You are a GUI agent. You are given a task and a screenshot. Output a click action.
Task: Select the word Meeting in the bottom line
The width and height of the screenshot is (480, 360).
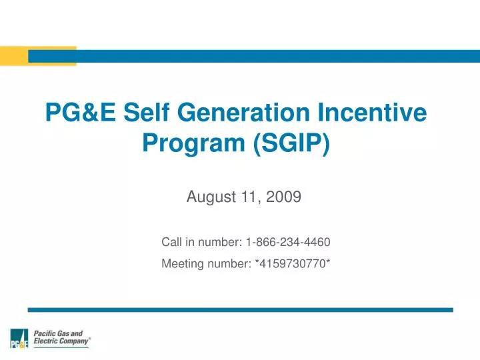pyautogui.click(x=183, y=264)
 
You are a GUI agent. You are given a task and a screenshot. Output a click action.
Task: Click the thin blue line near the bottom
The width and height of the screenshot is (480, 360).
pyautogui.click(x=240, y=310)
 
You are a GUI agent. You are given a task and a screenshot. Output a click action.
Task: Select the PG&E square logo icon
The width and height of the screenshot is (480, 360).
pyautogui.click(x=19, y=339)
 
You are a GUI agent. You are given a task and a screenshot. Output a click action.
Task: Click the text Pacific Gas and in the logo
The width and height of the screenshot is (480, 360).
pyautogui.click(x=59, y=333)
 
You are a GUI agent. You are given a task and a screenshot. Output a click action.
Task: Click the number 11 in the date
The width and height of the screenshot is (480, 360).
pyautogui.click(x=254, y=197)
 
